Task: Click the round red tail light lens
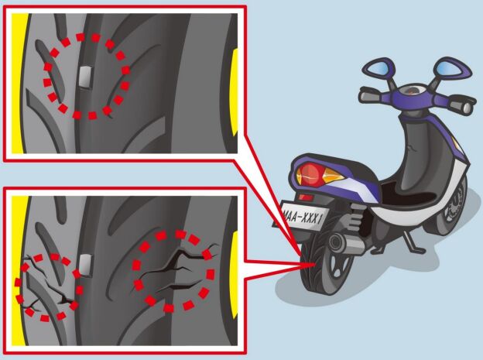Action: click(x=311, y=174)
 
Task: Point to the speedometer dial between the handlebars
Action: click(x=410, y=91)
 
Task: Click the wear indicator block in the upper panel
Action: click(x=85, y=77)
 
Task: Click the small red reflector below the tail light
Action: click(x=306, y=197)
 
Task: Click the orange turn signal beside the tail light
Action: click(x=332, y=176)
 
